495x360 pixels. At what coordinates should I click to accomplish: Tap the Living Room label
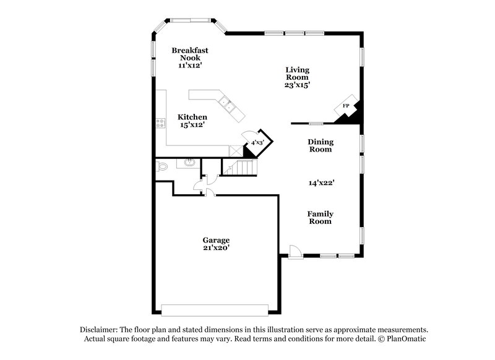[297, 74]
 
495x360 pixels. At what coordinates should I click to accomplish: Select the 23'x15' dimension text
[297, 85]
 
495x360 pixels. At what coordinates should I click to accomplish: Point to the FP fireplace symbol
[346, 106]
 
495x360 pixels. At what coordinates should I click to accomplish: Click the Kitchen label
[192, 117]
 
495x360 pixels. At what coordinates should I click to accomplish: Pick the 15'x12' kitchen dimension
[192, 125]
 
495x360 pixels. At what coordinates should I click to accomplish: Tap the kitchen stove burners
[160, 122]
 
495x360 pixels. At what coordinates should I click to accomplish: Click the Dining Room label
[321, 145]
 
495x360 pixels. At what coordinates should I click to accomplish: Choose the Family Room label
[320, 217]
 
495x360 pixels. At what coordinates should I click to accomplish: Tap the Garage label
[216, 240]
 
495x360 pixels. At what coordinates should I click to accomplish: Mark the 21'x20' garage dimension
[216, 248]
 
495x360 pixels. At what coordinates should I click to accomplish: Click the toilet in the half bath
[162, 166]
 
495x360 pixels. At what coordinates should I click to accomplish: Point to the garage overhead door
[214, 309]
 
